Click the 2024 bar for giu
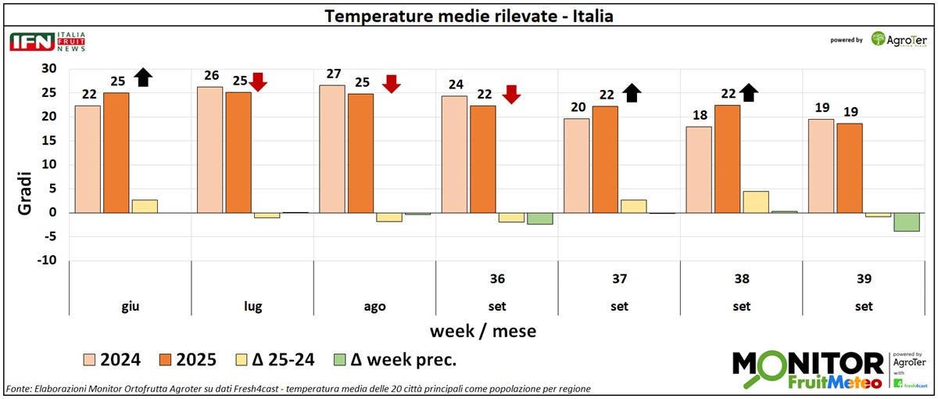click(x=88, y=159)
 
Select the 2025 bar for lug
click(x=238, y=153)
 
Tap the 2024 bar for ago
click(x=332, y=149)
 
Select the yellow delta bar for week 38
click(x=756, y=202)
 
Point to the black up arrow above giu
click(x=142, y=77)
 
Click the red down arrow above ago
click(x=392, y=84)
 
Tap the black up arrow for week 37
click(x=632, y=93)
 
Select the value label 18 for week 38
click(x=699, y=117)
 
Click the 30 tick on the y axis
click(x=48, y=69)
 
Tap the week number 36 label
click(x=497, y=279)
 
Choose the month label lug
click(x=252, y=307)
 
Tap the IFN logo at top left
click(x=31, y=42)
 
